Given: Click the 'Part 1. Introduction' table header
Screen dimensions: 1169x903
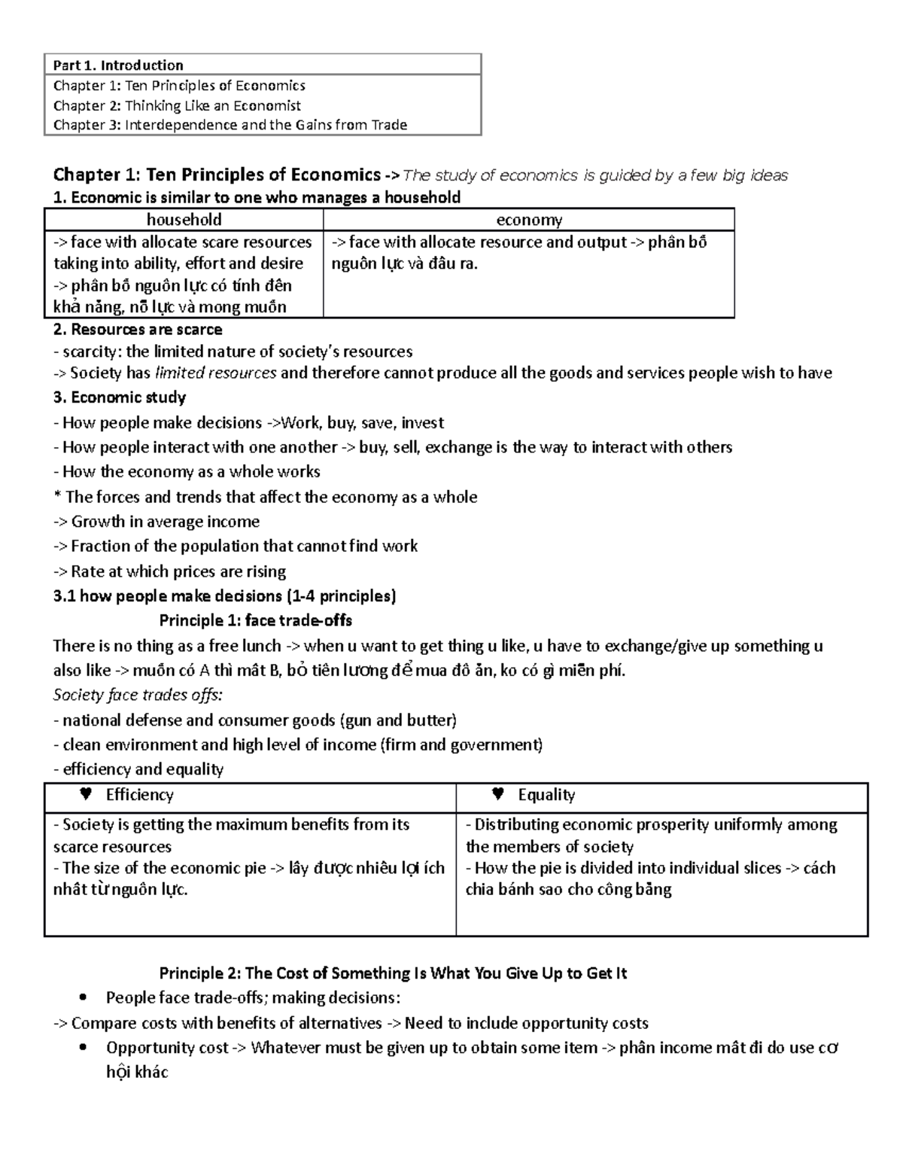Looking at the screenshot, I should click(x=118, y=65).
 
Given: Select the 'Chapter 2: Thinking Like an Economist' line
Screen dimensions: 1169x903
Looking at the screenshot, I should click(x=177, y=105).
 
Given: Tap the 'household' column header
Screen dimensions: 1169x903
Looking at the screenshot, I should click(x=184, y=219).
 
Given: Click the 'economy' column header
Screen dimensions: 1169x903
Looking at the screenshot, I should click(x=528, y=219).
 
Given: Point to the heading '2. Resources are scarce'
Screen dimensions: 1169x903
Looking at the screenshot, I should click(x=138, y=330).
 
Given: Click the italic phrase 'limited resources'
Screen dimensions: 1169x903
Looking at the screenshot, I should click(x=215, y=373).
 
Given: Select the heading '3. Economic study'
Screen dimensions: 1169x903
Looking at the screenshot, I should click(x=120, y=397).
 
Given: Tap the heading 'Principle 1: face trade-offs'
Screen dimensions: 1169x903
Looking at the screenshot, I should click(x=256, y=621).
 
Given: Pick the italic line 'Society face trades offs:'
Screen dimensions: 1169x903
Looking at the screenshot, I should click(x=138, y=695).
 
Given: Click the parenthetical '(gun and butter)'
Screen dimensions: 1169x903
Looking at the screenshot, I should click(x=399, y=720).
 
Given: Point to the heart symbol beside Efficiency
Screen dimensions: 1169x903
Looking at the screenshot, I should click(x=86, y=794).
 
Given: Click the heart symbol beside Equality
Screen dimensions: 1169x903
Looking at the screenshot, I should click(x=497, y=794).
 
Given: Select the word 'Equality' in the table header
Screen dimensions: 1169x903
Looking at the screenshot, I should click(x=546, y=795).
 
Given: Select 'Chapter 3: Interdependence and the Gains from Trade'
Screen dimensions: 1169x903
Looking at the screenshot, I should click(x=230, y=125).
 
